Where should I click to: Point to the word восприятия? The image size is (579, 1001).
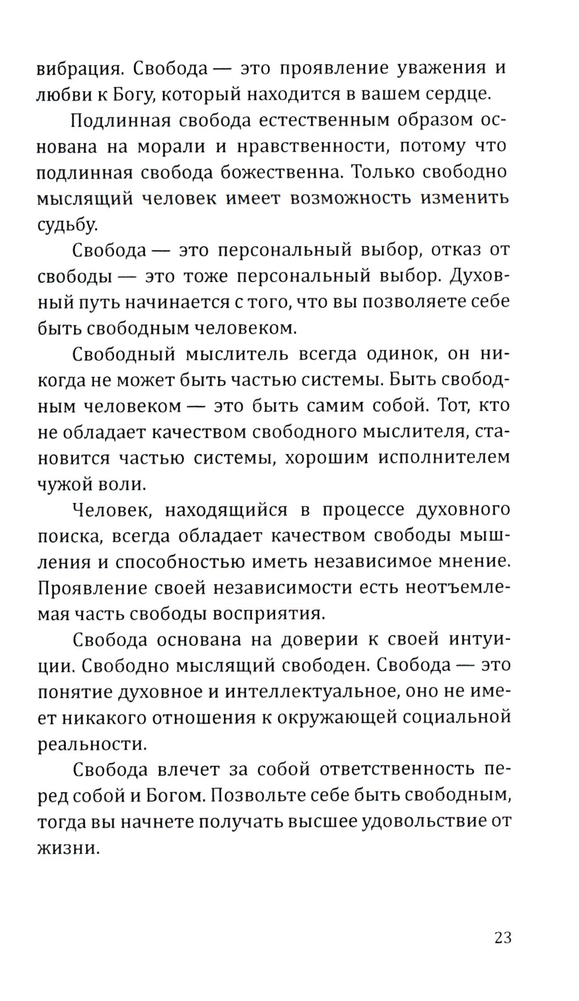coord(272,614)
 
